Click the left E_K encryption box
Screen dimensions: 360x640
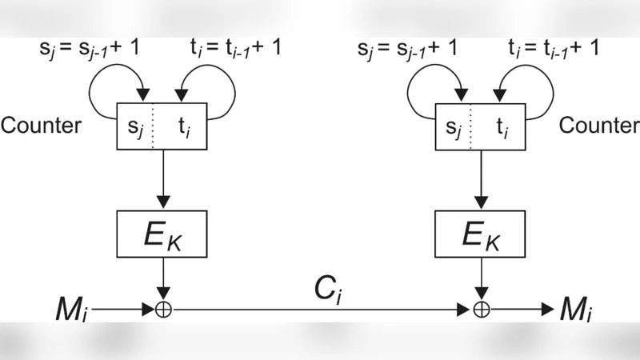click(162, 234)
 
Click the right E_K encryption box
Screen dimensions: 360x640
click(480, 234)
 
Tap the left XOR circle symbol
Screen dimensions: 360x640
click(162, 307)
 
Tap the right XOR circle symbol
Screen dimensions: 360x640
click(480, 307)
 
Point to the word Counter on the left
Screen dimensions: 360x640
click(41, 126)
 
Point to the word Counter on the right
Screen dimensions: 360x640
click(598, 126)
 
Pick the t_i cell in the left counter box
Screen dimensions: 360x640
click(184, 126)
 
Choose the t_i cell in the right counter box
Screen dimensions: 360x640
click(502, 126)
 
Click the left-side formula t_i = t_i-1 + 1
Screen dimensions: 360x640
click(234, 49)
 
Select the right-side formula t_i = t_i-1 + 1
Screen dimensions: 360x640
click(553, 49)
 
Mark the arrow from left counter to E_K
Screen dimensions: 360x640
click(162, 178)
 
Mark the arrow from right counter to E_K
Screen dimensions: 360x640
click(480, 178)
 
